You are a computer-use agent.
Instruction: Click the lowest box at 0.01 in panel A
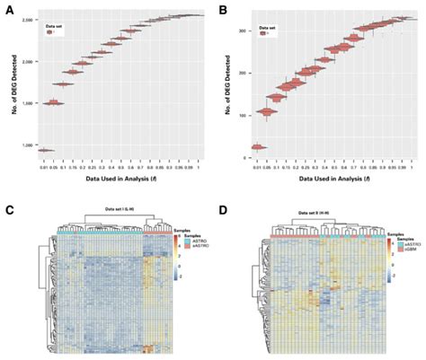tap(45, 150)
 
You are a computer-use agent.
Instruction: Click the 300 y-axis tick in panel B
tap(242, 30)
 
